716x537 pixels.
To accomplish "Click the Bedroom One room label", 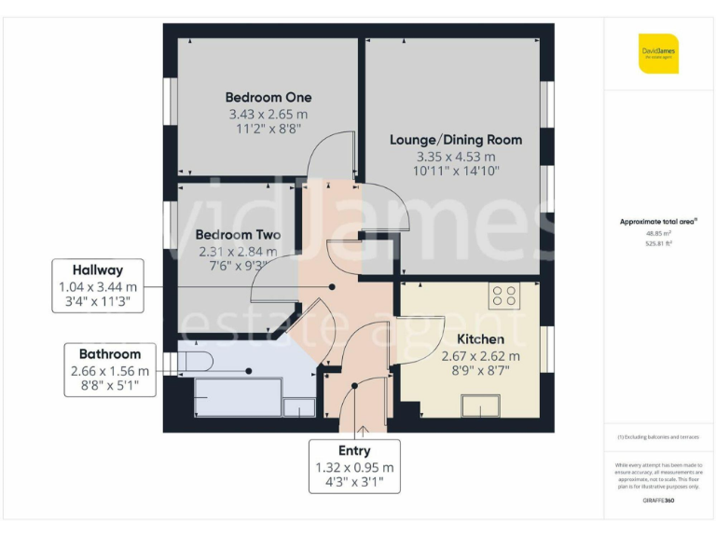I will [x=268, y=97].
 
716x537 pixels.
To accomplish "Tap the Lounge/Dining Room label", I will [x=456, y=140].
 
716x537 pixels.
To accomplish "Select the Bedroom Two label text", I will [x=238, y=235].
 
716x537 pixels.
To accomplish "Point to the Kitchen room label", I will [x=480, y=339].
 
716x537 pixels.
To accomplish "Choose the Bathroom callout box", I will [x=109, y=369].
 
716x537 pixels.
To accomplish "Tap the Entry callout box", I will [x=354, y=465].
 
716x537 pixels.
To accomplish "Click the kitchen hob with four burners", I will [x=504, y=296].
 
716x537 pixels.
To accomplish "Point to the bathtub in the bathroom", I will [x=238, y=396].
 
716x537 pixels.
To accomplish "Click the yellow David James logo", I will [x=658, y=53].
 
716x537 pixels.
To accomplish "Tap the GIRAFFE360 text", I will [x=659, y=502].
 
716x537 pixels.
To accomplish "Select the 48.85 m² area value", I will [x=659, y=234].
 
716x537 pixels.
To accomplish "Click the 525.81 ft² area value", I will [x=659, y=243].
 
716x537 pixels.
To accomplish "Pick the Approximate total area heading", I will [x=659, y=221].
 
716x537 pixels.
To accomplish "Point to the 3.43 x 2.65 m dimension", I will [x=268, y=115].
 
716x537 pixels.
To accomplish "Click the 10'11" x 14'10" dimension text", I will [x=456, y=171].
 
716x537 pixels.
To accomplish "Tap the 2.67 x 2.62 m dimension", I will [x=480, y=356].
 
